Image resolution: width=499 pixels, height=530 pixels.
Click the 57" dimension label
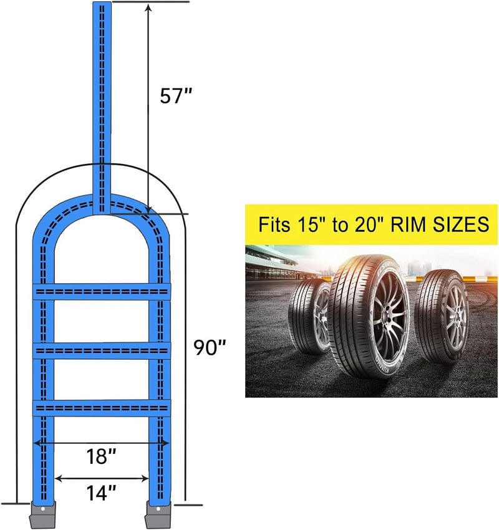pos(176,95)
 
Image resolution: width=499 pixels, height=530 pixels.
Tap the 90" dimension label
pos(210,347)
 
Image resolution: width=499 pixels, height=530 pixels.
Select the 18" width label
pos(101,456)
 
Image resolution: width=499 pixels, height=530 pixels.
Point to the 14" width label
pos(102,493)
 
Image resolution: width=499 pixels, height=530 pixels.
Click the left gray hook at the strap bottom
pos(42,514)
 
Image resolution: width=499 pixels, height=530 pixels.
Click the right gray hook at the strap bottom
pos(158,514)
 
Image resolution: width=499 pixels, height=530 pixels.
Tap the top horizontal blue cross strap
pos(102,292)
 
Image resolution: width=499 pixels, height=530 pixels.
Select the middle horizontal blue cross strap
pos(102,350)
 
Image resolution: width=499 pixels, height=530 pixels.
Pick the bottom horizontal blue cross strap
pos(102,408)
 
